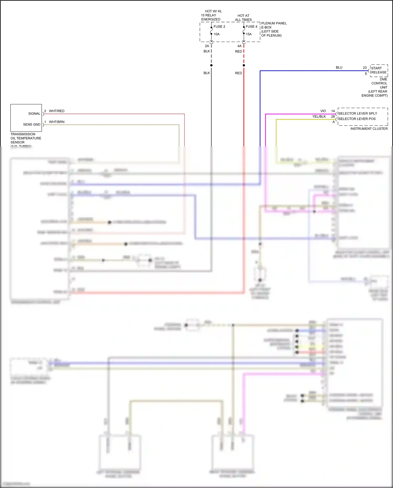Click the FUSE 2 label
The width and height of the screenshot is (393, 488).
[x=219, y=26]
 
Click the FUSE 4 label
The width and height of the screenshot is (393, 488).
[x=251, y=26]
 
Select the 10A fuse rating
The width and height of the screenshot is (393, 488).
[x=217, y=34]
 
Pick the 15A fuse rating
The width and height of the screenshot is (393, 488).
[x=249, y=34]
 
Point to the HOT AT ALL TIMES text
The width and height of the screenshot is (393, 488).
[x=243, y=18]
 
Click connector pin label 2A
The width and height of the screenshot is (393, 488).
[x=207, y=46]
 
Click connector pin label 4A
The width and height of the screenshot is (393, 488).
[x=239, y=46]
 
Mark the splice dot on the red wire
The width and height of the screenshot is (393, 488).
[x=244, y=65]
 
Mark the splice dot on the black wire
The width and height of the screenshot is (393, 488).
[x=211, y=65]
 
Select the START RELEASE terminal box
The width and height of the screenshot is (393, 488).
[x=379, y=70]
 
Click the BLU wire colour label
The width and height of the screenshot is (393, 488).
[x=339, y=67]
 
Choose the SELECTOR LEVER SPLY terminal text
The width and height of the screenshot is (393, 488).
[x=358, y=113]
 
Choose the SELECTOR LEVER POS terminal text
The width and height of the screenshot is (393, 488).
[x=357, y=119]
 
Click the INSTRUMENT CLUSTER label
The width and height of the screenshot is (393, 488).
[x=369, y=128]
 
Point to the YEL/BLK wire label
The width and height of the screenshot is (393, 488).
[x=319, y=116]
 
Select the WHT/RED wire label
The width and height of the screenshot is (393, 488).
[x=57, y=111]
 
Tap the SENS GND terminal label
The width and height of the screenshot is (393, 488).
[x=32, y=124]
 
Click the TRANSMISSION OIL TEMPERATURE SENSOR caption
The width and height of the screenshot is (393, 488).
[x=26, y=138]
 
